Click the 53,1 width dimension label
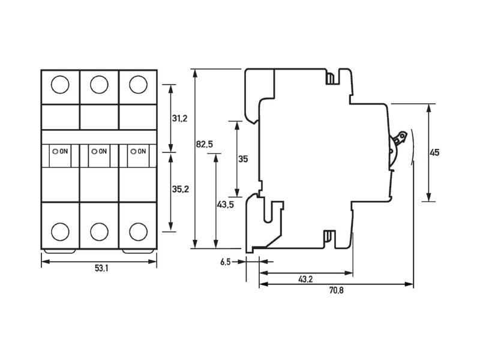click(101, 268)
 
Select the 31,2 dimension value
click(179, 118)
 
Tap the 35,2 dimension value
click(181, 189)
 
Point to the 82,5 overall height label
click(205, 144)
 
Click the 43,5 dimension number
click(226, 205)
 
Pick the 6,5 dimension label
click(226, 262)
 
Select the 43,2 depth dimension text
click(305, 279)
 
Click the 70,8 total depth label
click(336, 290)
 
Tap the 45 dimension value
click(434, 152)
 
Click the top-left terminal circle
click(60, 85)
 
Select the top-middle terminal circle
click(99, 85)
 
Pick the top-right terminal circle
click(138, 85)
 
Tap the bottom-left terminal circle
click(60, 232)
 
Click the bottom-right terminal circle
click(138, 232)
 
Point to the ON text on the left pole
click(64, 151)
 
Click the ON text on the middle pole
click(103, 151)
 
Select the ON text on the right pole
click(142, 151)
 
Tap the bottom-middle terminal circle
click(99, 232)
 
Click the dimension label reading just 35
click(243, 159)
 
